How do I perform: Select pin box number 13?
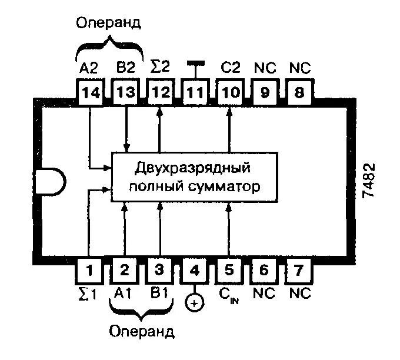tap(125, 92)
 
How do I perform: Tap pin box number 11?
tap(195, 92)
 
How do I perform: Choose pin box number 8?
tap(298, 92)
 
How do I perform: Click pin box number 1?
tap(90, 271)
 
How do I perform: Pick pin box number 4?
tap(195, 271)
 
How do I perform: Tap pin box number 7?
tap(298, 271)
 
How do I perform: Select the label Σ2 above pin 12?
tap(159, 65)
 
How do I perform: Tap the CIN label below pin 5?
tap(230, 294)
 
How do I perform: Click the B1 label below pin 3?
tap(159, 292)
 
